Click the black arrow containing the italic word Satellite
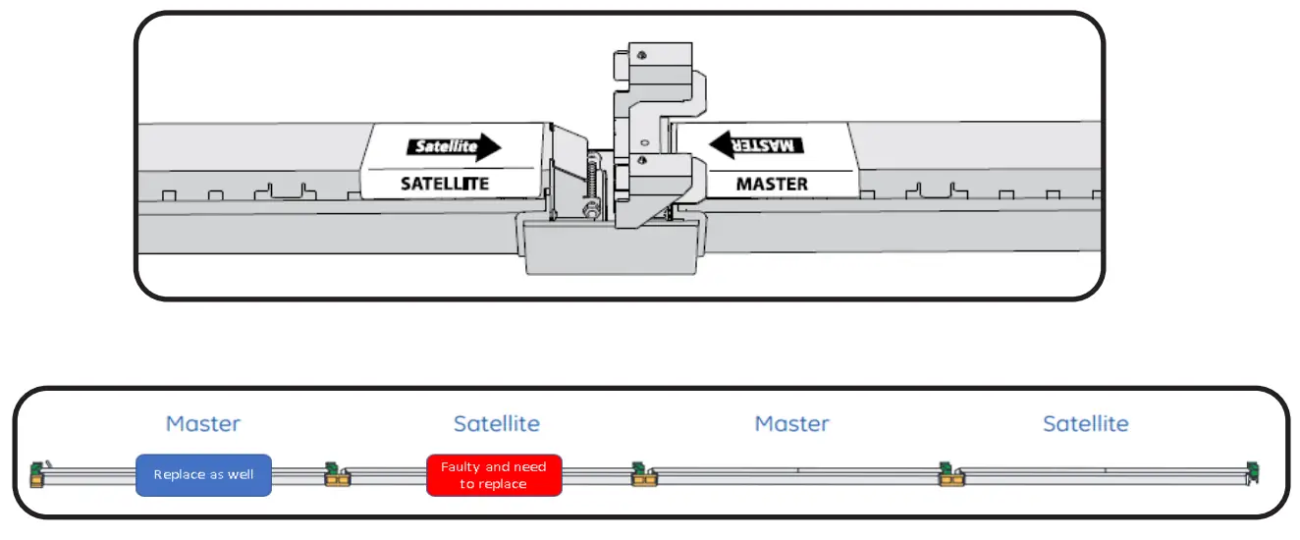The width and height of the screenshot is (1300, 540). click(454, 148)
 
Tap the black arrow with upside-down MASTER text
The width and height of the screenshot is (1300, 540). click(757, 144)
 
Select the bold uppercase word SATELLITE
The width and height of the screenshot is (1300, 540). click(445, 184)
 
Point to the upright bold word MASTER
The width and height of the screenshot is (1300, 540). click(772, 184)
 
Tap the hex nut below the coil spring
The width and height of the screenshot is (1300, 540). click(592, 208)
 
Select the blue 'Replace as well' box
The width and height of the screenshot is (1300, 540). click(203, 475)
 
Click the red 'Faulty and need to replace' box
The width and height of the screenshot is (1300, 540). click(494, 475)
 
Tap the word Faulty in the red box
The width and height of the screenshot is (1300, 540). click(461, 467)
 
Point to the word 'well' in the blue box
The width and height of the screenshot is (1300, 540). click(240, 475)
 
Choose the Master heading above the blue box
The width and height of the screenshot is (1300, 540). click(203, 424)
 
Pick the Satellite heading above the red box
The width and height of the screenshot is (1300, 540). click(497, 424)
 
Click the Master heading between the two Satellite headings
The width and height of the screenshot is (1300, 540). click(792, 424)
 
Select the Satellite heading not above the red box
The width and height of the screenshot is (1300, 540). click(1086, 424)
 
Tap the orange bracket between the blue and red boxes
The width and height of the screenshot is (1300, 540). click(339, 480)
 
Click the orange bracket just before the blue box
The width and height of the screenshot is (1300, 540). click(37, 480)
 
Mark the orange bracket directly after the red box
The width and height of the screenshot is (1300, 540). click(644, 480)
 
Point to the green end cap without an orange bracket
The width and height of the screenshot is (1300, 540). click(1251, 471)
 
